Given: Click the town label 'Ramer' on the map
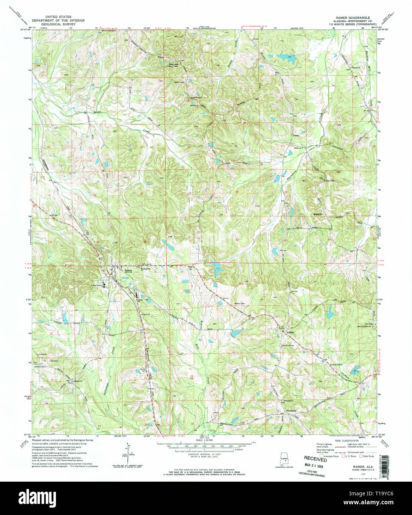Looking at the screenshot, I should click(128, 270).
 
